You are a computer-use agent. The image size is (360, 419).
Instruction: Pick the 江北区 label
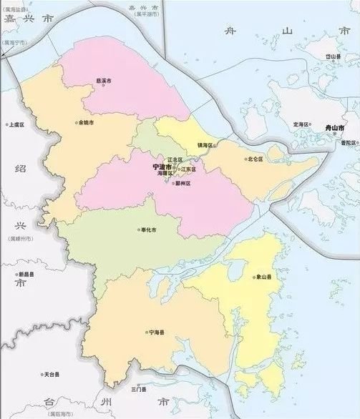175,159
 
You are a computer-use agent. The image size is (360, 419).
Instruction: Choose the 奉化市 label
149,230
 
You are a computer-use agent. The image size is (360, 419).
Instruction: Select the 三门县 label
138,390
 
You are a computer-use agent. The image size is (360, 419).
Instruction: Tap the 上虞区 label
16,124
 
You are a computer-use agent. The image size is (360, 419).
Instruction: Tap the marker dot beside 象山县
252,277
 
